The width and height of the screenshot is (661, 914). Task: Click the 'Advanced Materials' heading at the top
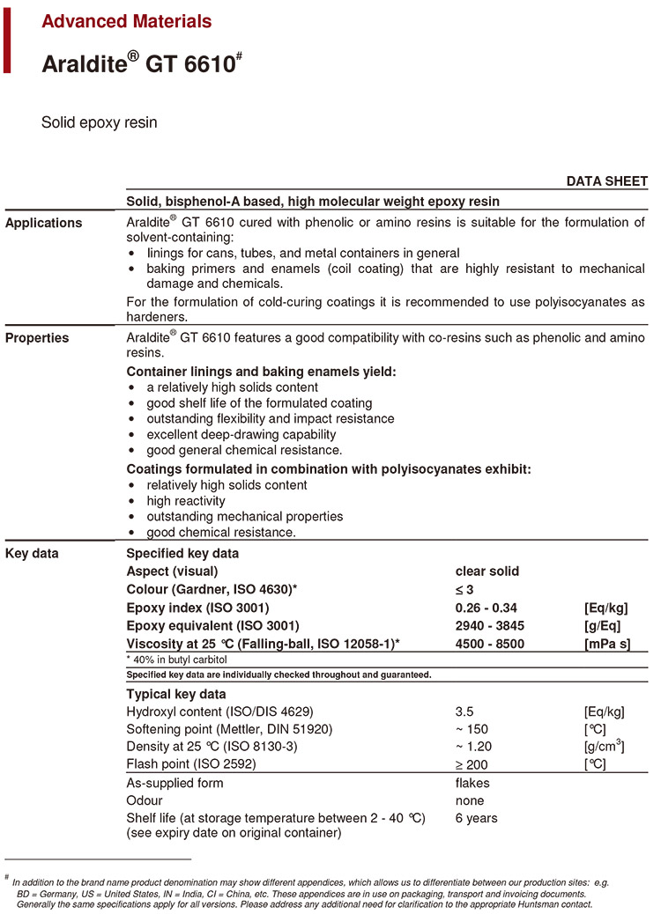tap(127, 21)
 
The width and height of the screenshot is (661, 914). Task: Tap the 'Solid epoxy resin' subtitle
tap(100, 122)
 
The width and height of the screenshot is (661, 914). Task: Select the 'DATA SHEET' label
tap(606, 181)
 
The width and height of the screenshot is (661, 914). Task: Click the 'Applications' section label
tap(44, 223)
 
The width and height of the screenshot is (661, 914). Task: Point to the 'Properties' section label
tap(37, 337)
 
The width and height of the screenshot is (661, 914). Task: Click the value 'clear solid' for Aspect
tap(486, 571)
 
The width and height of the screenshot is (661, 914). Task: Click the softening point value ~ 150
tap(472, 729)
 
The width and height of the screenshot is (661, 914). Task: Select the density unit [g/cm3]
tap(605, 746)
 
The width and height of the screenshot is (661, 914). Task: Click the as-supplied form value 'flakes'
tap(472, 783)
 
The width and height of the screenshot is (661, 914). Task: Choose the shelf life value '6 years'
tap(476, 818)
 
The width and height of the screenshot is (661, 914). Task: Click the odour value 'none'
tap(470, 800)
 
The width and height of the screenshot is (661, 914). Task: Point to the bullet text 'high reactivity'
tap(186, 501)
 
